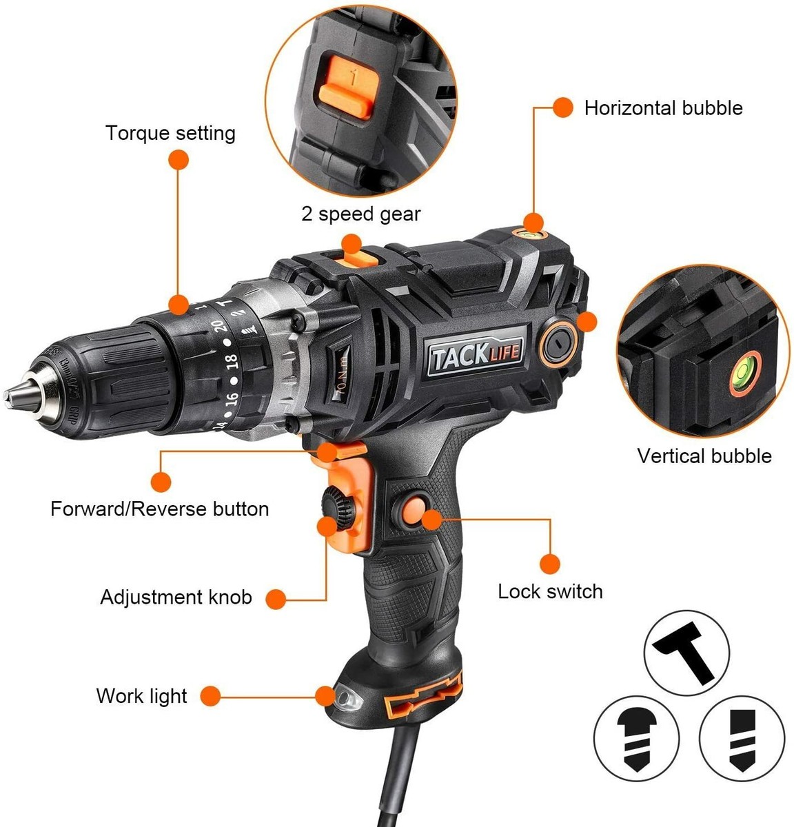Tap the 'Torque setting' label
170,132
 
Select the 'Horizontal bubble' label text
663,108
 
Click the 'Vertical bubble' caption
704,456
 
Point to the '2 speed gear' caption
360,214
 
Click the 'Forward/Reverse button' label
159,509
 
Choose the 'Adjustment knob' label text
176,597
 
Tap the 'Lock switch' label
550,591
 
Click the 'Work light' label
141,695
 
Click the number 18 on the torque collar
231,360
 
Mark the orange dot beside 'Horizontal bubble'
562,108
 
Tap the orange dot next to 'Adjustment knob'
276,598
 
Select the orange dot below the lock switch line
549,562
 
